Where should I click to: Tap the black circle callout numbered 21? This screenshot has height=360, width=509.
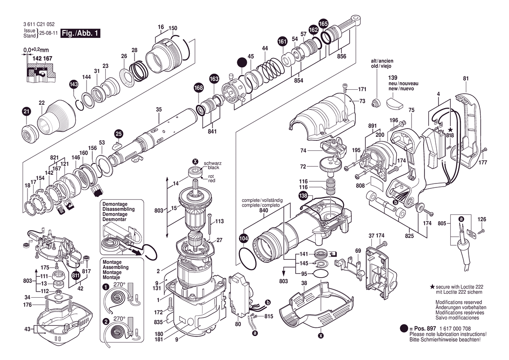coord(26,112)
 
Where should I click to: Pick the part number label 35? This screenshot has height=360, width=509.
coord(158,109)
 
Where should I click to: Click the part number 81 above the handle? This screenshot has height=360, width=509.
coord(466,78)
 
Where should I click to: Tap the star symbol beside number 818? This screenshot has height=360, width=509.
coord(450,130)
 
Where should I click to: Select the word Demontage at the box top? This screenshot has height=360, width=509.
coord(115,204)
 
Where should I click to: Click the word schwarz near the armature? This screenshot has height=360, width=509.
coord(212,163)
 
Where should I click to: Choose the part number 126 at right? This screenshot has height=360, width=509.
coord(482,219)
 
